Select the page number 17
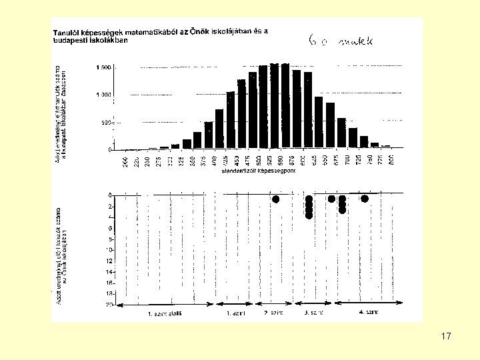click(x=446, y=336)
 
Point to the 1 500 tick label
click(x=103, y=67)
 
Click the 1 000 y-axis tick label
click(x=103, y=95)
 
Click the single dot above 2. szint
click(x=275, y=199)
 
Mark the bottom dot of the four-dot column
click(x=309, y=215)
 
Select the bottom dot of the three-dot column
click(x=342, y=210)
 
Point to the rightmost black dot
click(x=364, y=199)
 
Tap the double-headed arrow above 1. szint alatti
click(x=165, y=305)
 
